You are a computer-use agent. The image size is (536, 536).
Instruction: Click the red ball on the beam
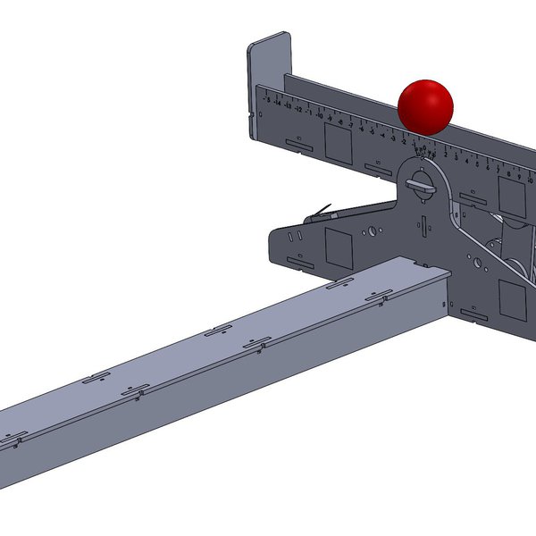tap(425, 105)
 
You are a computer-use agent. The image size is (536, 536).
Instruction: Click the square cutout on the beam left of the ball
tap(338, 142)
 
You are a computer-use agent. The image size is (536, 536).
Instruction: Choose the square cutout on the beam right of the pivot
tap(510, 191)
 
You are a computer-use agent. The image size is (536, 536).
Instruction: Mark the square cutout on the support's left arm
tap(339, 247)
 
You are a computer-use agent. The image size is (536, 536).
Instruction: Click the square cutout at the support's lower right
tap(512, 298)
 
